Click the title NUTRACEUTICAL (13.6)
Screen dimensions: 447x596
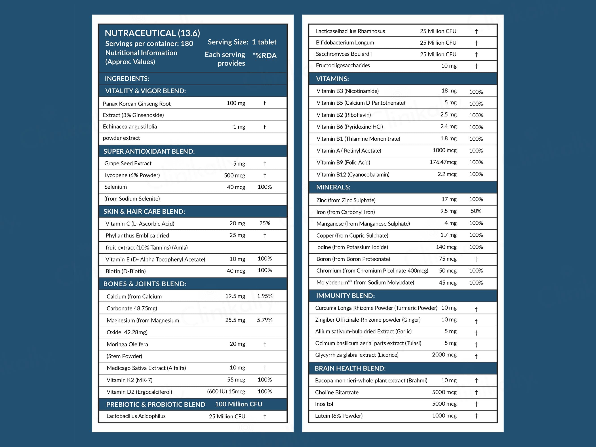pos(152,33)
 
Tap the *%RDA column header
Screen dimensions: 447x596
pos(265,55)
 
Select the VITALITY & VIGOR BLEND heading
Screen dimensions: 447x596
pos(145,91)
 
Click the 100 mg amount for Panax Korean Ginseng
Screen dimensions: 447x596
pos(236,103)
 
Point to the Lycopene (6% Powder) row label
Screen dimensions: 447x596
pos(132,175)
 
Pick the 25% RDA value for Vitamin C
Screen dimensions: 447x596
pos(265,223)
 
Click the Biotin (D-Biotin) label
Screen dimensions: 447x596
pos(126,271)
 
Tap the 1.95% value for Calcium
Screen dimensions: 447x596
pos(265,296)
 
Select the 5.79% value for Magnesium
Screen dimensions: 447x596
pos(265,320)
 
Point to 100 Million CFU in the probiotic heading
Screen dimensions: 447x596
pos(238,404)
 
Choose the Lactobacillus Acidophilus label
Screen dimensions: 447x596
pos(136,416)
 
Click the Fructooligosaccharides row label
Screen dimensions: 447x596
pos(343,65)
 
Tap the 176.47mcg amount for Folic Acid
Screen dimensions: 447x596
pos(443,162)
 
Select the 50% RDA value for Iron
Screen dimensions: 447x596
pos(476,211)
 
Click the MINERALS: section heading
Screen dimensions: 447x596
pos(333,187)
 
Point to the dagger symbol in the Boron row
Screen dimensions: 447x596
pos(476,259)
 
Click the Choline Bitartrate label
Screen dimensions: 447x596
pos(337,392)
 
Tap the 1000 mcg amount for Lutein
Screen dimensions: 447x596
pos(444,416)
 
